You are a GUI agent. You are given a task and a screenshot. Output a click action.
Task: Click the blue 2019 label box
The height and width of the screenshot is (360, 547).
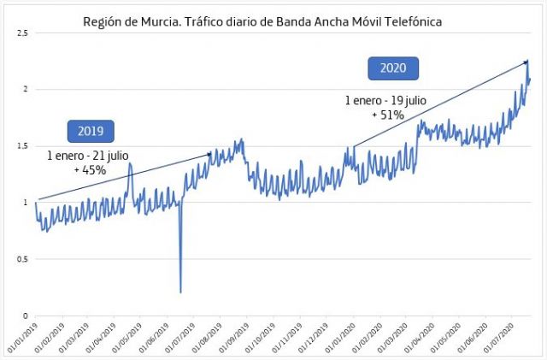(x=91, y=131)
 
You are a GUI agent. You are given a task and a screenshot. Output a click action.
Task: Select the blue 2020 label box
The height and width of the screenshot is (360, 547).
(x=393, y=68)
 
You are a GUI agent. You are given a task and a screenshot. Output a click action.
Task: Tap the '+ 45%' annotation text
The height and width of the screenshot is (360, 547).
(x=90, y=169)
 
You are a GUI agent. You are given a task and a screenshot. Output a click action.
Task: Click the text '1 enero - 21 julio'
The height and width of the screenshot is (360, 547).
(x=90, y=156)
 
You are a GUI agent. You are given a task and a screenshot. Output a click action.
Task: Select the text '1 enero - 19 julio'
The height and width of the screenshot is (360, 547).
(x=385, y=100)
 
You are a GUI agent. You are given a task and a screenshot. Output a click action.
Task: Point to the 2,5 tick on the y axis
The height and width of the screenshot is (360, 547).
(x=23, y=32)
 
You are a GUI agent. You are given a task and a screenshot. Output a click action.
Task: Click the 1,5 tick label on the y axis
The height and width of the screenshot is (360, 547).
(x=23, y=146)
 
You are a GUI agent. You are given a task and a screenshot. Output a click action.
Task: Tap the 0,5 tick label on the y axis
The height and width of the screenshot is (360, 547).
(x=23, y=259)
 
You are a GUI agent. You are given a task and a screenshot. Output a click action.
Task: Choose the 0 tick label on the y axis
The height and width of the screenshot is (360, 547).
(x=26, y=316)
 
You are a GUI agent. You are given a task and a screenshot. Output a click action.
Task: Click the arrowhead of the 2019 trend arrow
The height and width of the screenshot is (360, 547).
(x=210, y=154)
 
